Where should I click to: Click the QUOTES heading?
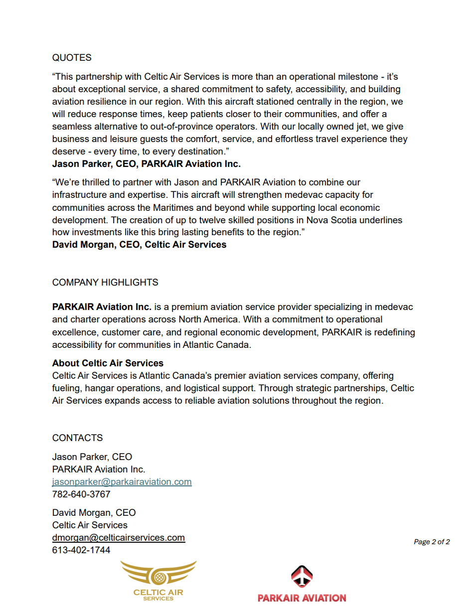coord(72,58)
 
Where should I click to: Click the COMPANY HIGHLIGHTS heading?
coord(105,283)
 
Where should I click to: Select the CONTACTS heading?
coord(77,438)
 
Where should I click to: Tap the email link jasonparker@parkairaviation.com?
coord(122,482)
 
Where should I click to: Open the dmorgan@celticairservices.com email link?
coord(118,538)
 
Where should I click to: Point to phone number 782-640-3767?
coord(81,494)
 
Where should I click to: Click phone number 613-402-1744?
coord(81,550)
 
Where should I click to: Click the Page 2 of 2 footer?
coord(432,542)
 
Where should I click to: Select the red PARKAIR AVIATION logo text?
coord(302,598)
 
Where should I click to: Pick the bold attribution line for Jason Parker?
coord(146,164)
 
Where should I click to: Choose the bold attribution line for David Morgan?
coord(139,245)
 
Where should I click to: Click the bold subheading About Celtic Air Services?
coord(108,363)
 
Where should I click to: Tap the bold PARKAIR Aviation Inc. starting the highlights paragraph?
coord(102,307)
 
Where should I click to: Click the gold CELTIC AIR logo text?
coord(158,592)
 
